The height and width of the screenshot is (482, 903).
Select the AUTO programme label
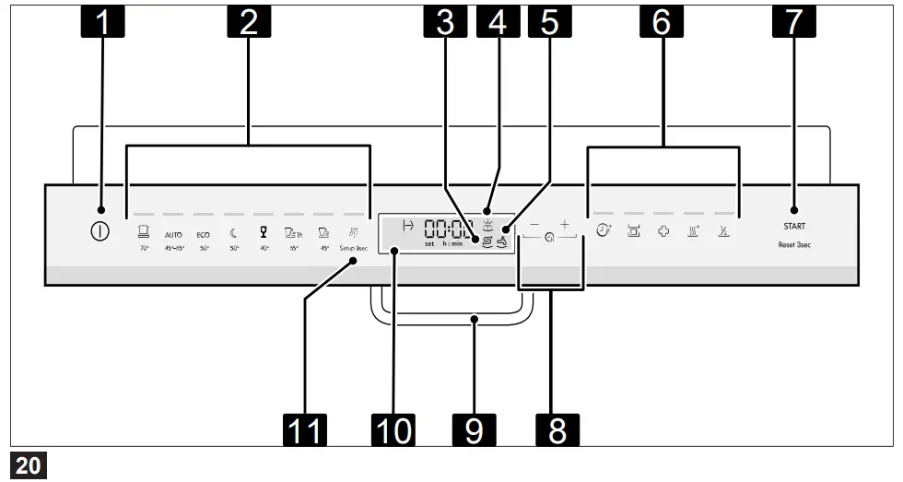[173, 235]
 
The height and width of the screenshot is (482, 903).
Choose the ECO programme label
[203, 235]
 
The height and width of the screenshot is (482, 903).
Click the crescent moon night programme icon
[233, 233]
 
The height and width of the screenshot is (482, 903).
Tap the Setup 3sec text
[353, 249]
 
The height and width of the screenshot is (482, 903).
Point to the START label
[793, 226]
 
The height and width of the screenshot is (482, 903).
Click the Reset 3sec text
[793, 247]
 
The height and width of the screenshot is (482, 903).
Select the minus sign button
[534, 225]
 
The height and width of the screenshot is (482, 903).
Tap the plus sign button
[565, 225]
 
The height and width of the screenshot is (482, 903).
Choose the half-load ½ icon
[724, 232]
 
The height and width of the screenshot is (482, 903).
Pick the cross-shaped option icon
[663, 232]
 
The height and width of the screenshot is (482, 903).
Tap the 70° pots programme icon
[144, 232]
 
